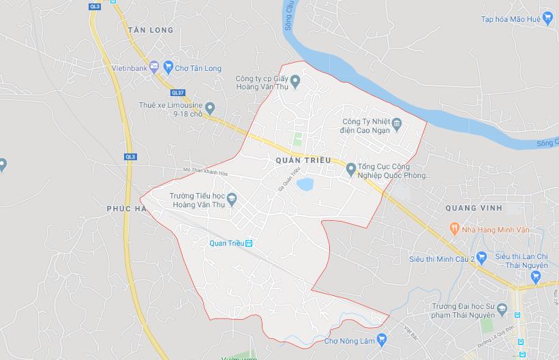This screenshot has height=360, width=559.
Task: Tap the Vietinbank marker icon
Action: (x=154, y=66)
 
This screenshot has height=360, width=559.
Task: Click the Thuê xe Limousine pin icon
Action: (x=210, y=107)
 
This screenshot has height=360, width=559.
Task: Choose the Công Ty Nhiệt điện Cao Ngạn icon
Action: (x=398, y=123)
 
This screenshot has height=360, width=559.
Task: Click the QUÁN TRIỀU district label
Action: (x=303, y=160)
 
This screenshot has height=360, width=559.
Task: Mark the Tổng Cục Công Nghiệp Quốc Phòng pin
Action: (x=350, y=168)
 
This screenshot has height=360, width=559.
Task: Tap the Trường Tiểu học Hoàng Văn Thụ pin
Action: (x=231, y=198)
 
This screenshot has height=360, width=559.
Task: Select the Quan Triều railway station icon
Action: (x=250, y=243)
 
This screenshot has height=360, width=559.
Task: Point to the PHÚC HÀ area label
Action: (x=127, y=208)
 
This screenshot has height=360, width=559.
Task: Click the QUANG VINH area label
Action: (x=473, y=207)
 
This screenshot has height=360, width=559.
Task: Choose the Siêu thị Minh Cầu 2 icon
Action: (x=481, y=257)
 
